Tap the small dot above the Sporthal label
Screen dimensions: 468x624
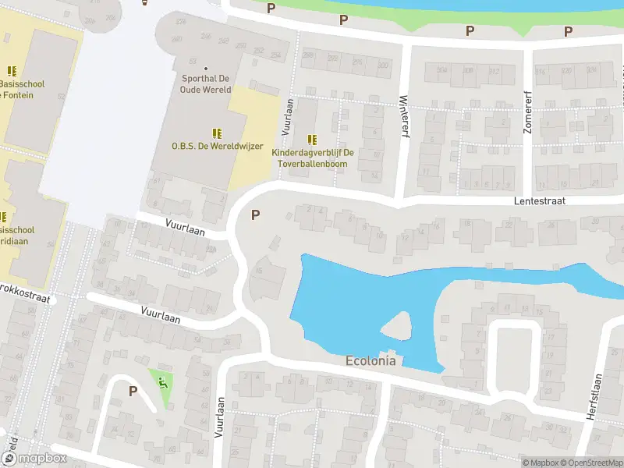[x=207, y=68]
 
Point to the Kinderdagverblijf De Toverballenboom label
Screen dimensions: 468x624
[x=313, y=158]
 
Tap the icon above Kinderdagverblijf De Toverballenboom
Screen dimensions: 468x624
[x=313, y=140]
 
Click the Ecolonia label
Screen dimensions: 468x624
[x=370, y=361]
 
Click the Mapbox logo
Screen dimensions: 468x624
[x=35, y=459]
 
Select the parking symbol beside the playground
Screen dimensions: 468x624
[x=133, y=391]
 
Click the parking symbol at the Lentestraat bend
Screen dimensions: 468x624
[x=255, y=214]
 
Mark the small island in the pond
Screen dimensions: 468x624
[x=398, y=326]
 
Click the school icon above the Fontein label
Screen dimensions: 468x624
[x=12, y=71]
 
